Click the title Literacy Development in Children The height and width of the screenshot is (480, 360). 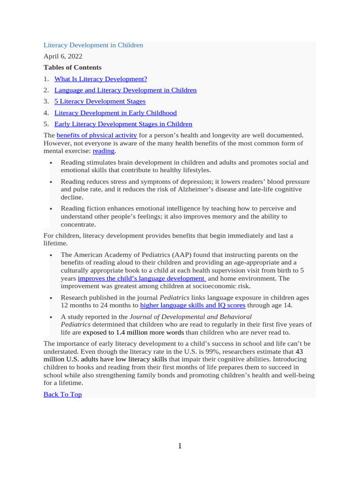93,45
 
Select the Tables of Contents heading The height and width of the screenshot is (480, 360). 72,67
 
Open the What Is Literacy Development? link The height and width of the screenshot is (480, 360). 100,79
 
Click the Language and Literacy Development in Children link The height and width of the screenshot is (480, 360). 125,90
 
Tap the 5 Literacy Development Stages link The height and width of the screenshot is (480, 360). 100,101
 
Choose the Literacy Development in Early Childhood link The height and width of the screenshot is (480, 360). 115,113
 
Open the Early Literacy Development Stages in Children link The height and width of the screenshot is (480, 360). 123,124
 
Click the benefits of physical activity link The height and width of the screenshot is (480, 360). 97,135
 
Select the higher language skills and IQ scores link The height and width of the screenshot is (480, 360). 193,306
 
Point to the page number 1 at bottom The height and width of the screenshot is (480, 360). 180,446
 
